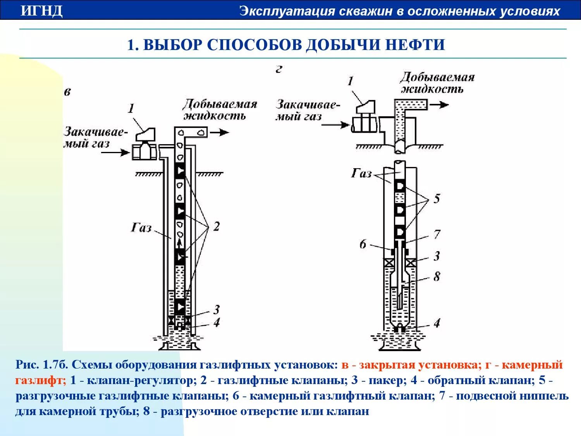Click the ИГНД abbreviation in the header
point(41,11)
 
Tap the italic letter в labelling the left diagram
point(67,92)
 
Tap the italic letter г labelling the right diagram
point(279,69)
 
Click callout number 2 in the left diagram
point(216,226)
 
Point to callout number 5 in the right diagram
point(437,199)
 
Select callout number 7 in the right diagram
point(437,234)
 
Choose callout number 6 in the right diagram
point(363,244)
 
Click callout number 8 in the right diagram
point(437,277)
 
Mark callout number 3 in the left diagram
point(217,309)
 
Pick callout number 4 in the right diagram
point(437,323)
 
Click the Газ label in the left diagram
point(141,227)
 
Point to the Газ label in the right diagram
point(361,173)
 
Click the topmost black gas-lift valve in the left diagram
point(180,171)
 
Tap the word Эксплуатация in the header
point(287,11)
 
